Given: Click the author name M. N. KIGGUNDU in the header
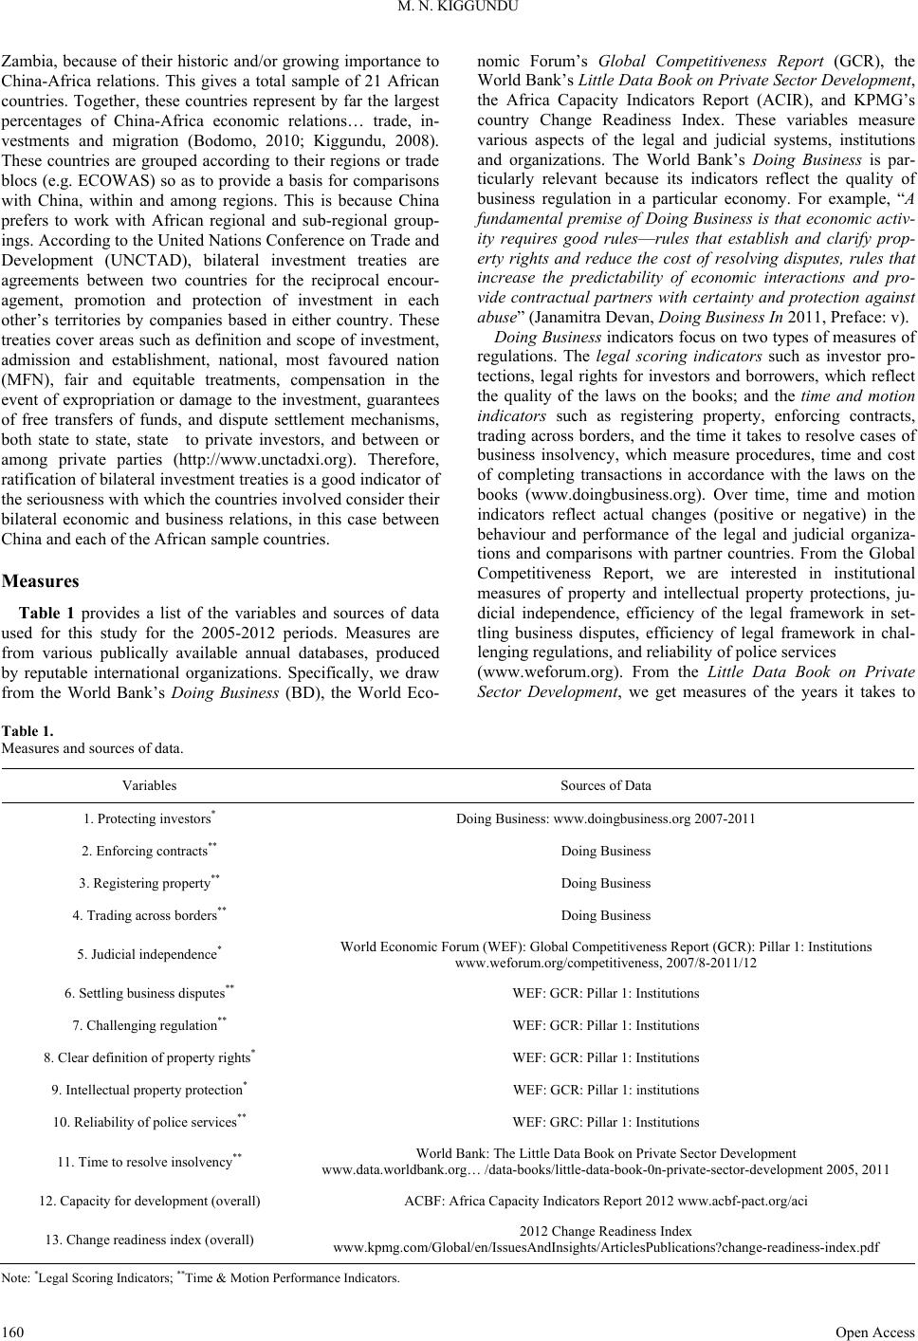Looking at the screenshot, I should [x=458, y=12].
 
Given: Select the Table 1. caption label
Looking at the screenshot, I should [x=29, y=731].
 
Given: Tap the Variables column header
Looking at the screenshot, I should [x=149, y=785].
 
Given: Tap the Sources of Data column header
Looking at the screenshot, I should [x=606, y=785].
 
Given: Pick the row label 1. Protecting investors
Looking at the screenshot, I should [x=149, y=818].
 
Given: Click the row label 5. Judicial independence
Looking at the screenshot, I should [x=149, y=954].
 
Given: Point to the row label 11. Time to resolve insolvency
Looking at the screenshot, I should [x=149, y=1162].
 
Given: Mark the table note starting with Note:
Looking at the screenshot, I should [x=201, y=1279].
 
